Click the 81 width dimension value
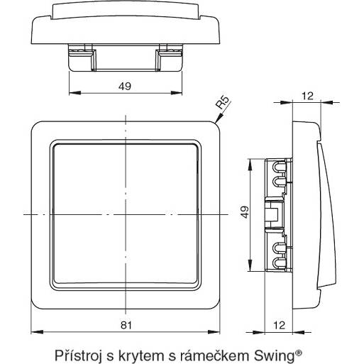click(126, 325)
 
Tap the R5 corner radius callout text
click(224, 102)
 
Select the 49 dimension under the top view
click(125, 87)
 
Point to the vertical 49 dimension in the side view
click(245, 212)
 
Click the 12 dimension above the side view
click(307, 96)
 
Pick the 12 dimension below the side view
click(279, 325)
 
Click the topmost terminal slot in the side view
click(280, 166)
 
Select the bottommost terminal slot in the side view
click(280, 263)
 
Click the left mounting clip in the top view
click(82, 57)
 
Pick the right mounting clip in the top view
click(169, 57)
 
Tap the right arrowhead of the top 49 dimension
click(176, 93)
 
